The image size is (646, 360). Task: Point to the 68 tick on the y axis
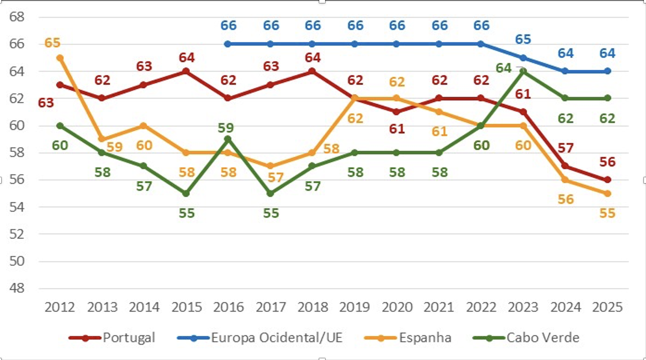click(x=17, y=17)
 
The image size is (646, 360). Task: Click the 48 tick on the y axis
click(x=17, y=288)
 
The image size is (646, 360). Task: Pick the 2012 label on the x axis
click(x=60, y=307)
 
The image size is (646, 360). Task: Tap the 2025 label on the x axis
click(x=607, y=307)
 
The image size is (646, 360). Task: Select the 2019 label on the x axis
click(x=355, y=307)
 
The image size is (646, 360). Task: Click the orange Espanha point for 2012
click(x=60, y=58)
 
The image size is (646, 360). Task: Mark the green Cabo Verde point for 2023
click(x=523, y=71)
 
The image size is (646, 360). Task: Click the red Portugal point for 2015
click(x=186, y=71)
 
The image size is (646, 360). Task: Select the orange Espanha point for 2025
click(x=607, y=193)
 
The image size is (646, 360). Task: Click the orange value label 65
click(x=52, y=43)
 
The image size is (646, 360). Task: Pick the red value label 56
click(x=607, y=162)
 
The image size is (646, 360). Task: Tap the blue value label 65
click(x=523, y=39)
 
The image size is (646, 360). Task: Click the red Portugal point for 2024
click(x=565, y=166)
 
